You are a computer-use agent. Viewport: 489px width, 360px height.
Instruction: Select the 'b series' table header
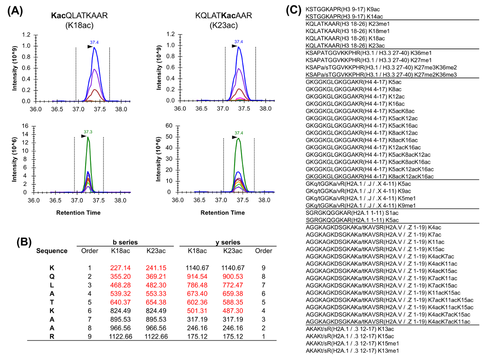point(126,242)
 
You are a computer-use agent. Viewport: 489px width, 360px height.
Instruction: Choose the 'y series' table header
point(228,242)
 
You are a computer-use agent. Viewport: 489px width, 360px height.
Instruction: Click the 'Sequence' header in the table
point(52,251)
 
